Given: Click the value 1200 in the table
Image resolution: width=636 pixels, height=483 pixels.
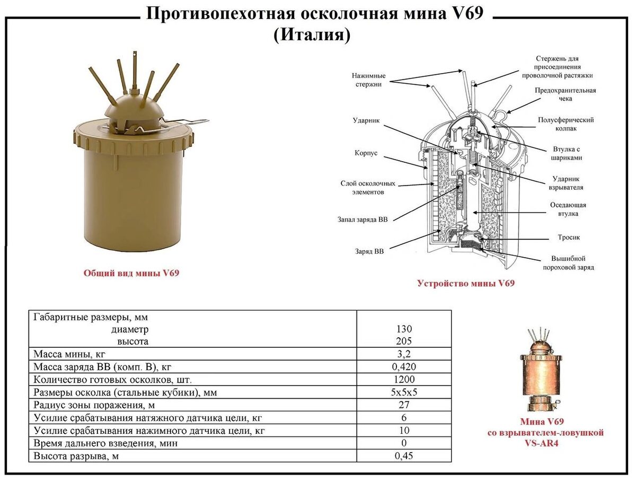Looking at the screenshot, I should (404, 380).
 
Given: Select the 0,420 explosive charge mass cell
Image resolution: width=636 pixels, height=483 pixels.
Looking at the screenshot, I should (404, 367).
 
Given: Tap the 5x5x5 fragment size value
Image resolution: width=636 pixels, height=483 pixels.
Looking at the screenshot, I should (404, 392).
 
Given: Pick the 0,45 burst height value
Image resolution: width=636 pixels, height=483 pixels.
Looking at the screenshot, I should (404, 456).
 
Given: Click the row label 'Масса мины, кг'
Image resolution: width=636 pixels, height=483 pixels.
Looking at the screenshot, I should (73, 354).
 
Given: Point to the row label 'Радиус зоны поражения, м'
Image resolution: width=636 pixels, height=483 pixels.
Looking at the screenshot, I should (93, 405).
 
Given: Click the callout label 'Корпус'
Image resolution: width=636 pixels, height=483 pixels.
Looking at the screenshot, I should (366, 153).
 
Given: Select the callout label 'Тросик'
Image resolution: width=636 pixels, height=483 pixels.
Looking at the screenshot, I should (568, 238).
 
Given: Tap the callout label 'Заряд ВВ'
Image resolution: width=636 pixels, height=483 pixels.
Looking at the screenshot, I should (369, 251).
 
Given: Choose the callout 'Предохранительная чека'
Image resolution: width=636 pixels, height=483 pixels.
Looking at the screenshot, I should (565, 94).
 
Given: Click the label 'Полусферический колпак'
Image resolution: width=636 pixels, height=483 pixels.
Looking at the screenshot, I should (565, 124).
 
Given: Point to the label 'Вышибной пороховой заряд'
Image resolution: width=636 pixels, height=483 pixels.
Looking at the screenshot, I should (568, 263).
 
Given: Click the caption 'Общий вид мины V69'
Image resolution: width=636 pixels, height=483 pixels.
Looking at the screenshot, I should (131, 273).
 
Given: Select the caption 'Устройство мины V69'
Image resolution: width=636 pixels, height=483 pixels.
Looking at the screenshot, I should (465, 283).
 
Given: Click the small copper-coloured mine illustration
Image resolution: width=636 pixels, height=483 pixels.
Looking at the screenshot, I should (540, 371).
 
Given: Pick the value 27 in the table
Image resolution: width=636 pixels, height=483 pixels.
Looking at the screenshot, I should (404, 405).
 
